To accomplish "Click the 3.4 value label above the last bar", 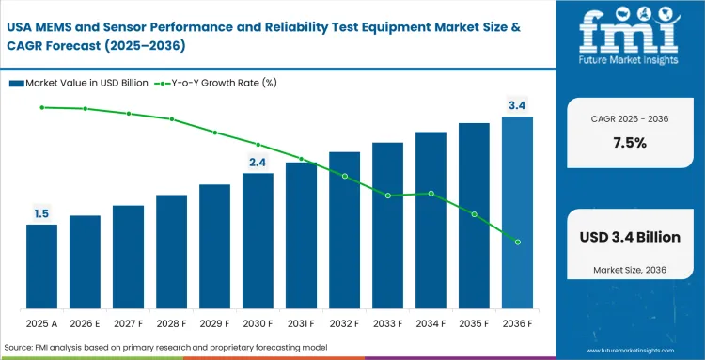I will (517, 105).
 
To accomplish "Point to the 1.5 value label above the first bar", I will (41, 214).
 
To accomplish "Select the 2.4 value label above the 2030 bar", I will (258, 163).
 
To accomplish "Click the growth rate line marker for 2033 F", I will (387, 196).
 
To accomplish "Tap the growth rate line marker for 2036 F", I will (517, 243).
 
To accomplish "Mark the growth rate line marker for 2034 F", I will (431, 194).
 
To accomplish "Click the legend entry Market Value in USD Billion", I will (85, 83).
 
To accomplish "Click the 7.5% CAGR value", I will (629, 143).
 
